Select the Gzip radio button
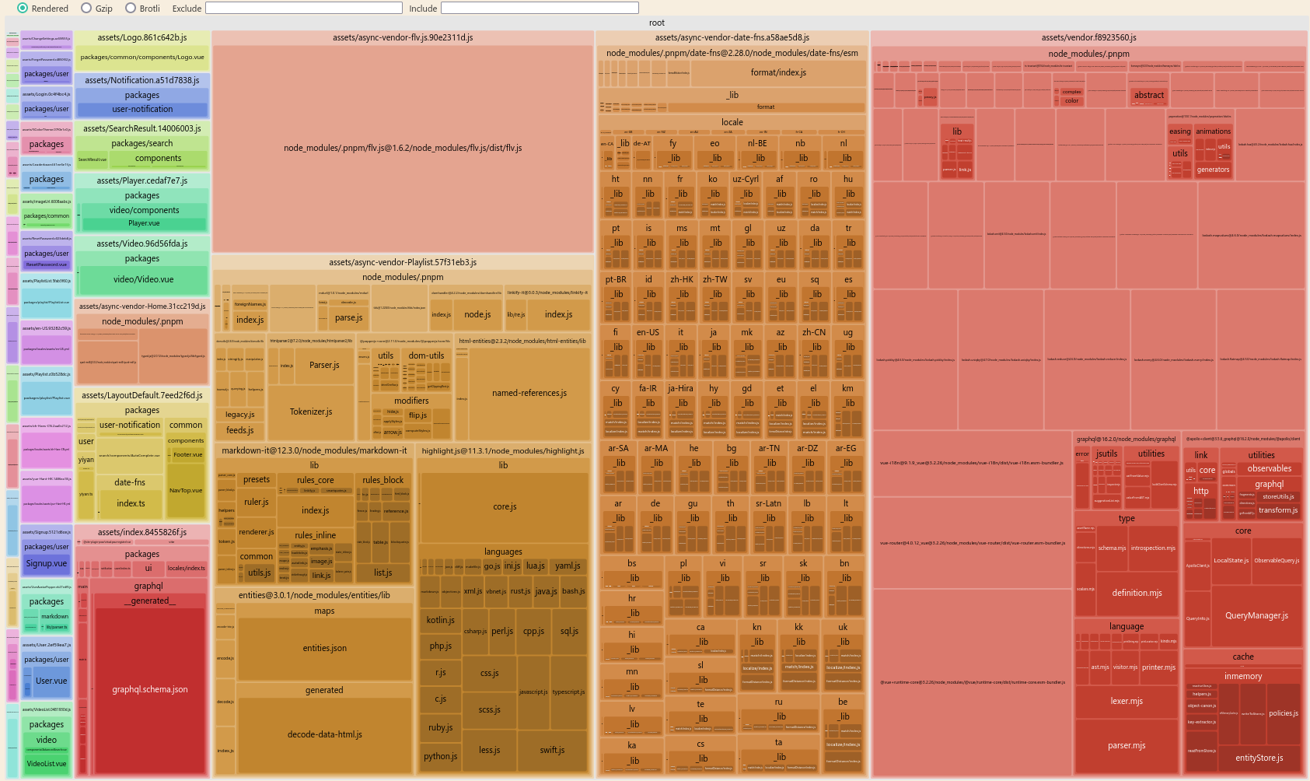click(x=86, y=9)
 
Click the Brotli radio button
click(x=131, y=9)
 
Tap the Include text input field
click(x=540, y=9)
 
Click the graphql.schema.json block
click(x=149, y=689)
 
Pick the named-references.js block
click(x=529, y=393)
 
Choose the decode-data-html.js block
click(x=324, y=734)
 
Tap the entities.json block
click(x=324, y=648)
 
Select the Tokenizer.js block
click(x=310, y=412)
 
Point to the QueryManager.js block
click(x=1256, y=615)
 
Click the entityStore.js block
click(x=1259, y=758)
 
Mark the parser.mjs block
click(x=1127, y=745)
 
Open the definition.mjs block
click(x=1137, y=593)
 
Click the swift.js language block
click(x=552, y=750)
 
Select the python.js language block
click(x=440, y=756)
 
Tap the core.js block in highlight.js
click(x=505, y=506)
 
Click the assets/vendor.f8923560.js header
click(x=1088, y=37)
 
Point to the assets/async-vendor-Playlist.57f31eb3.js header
click(x=403, y=262)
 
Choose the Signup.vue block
click(x=47, y=563)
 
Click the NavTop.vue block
click(x=186, y=490)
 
